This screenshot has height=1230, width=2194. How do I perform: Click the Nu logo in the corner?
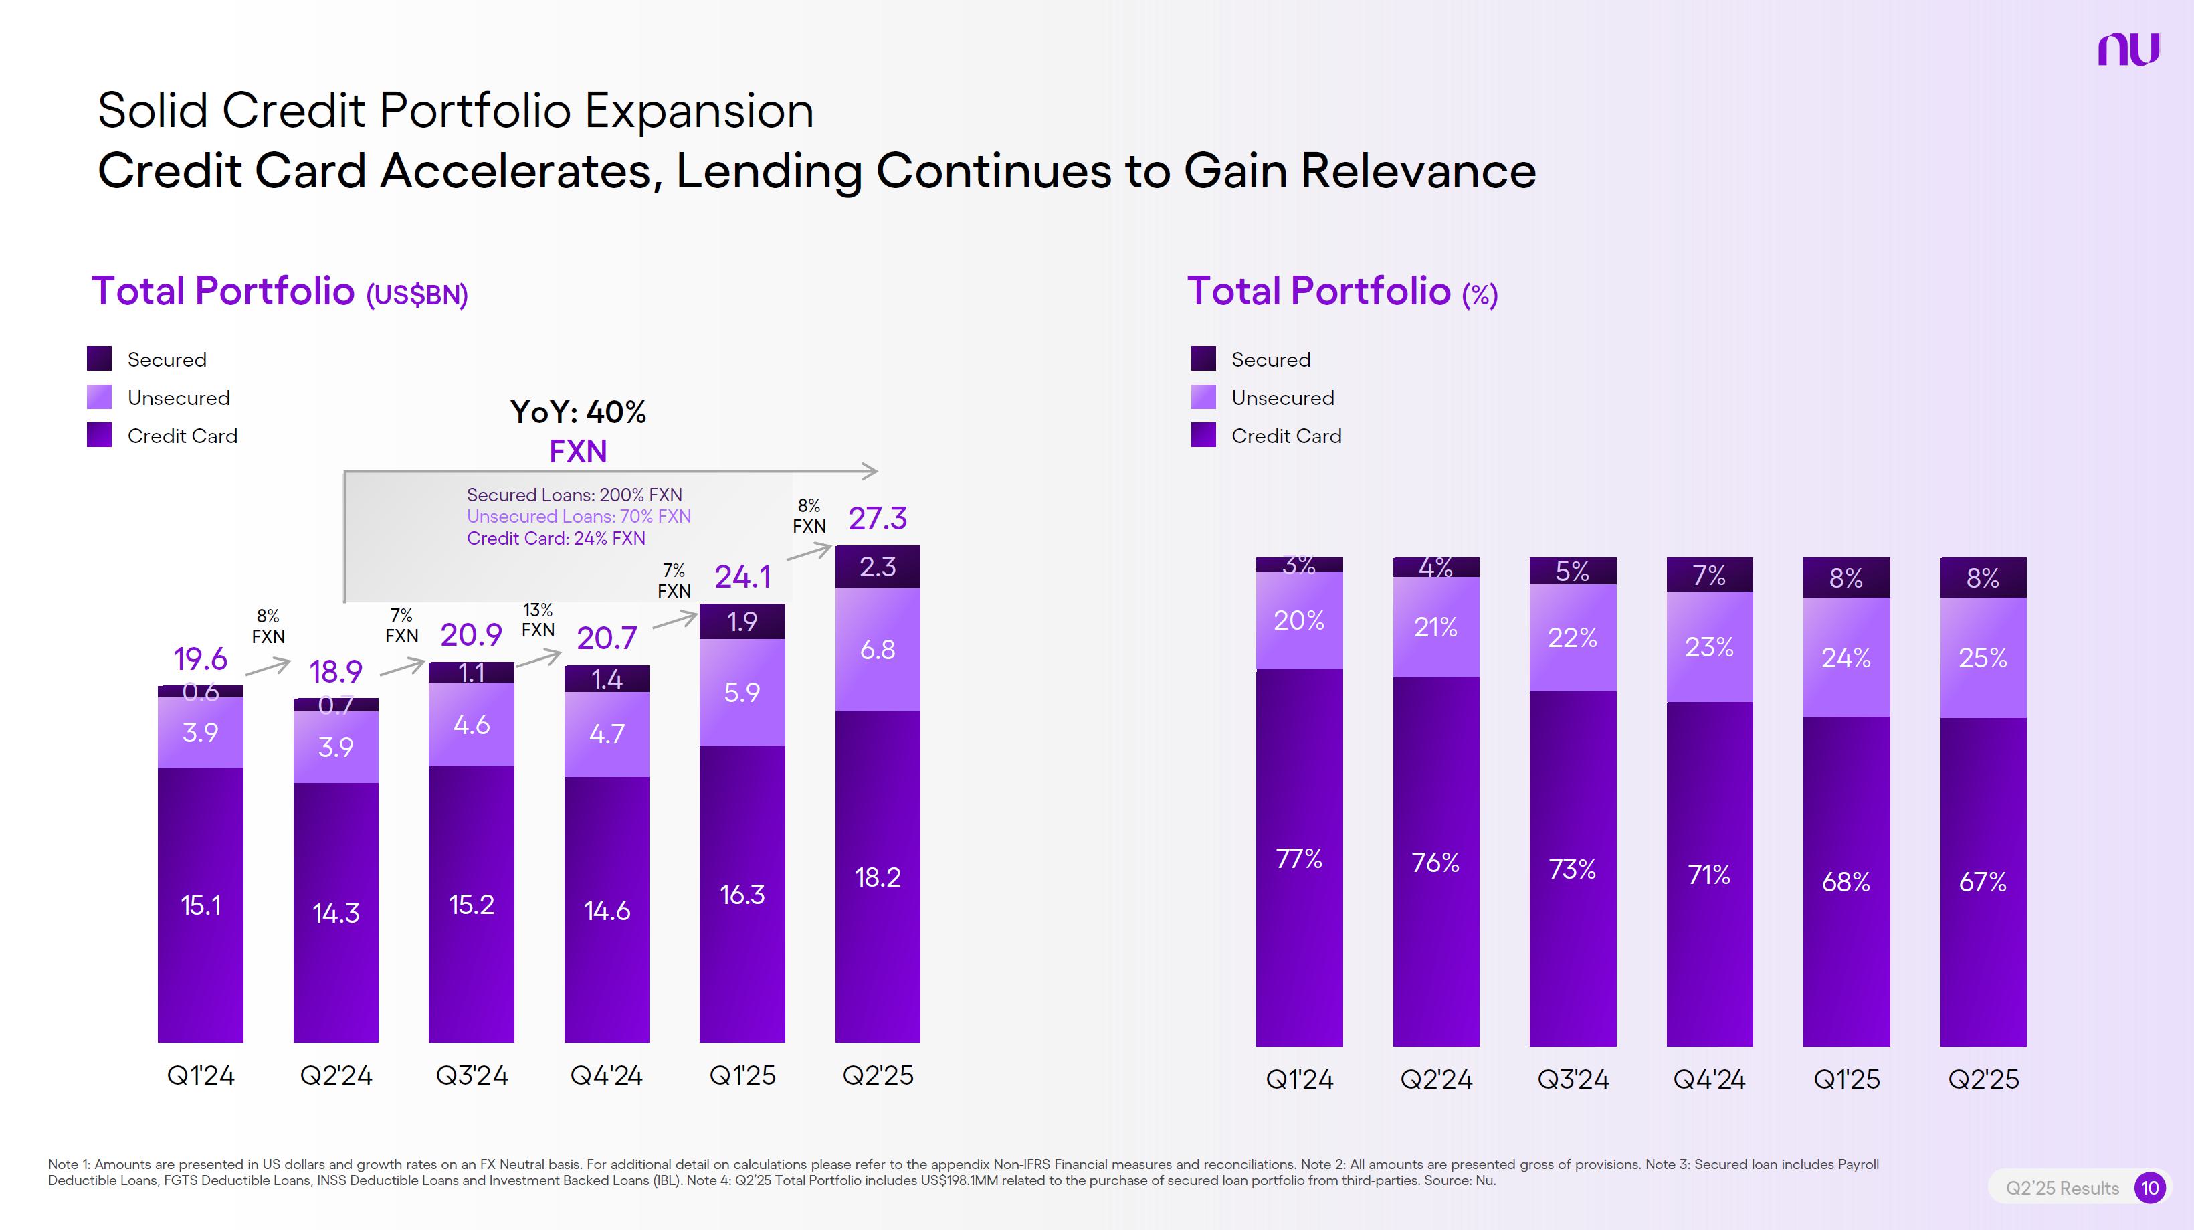[2128, 50]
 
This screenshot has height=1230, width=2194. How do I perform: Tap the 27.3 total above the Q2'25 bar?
[877, 518]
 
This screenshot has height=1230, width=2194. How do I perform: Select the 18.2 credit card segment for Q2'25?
[877, 877]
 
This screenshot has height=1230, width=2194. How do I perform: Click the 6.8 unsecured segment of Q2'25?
[877, 650]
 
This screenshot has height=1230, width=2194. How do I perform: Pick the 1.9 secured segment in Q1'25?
[742, 622]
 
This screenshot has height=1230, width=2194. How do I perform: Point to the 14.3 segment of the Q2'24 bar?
[336, 913]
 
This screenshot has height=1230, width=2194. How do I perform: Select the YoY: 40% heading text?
[579, 412]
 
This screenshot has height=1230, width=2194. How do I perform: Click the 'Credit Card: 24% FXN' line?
[555, 538]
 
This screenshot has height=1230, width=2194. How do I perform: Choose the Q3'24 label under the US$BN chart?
[471, 1075]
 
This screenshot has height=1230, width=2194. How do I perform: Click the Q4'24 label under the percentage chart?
[1708, 1079]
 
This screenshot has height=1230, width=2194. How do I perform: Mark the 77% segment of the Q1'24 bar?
[1299, 858]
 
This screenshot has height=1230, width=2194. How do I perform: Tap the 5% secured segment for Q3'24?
[1572, 572]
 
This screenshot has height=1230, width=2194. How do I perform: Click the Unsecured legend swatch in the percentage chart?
[1203, 397]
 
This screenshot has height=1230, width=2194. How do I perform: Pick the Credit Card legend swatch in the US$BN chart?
[100, 435]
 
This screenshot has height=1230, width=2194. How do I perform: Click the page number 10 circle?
[2150, 1187]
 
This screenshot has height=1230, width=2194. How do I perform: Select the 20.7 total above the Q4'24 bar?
[607, 638]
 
